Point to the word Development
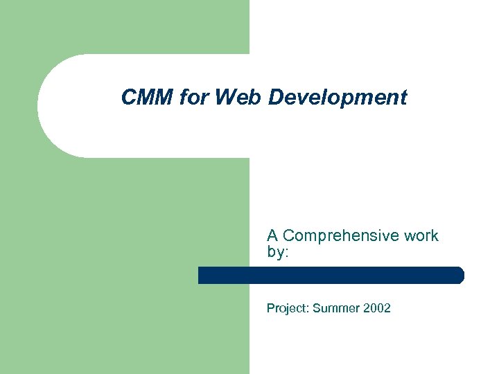[338, 98]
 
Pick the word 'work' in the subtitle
[421, 235]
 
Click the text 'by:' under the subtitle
[277, 252]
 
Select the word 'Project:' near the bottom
[288, 308]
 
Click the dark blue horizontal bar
[331, 275]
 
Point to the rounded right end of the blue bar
[459, 275]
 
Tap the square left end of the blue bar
[201, 275]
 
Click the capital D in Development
[275, 98]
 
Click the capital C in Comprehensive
[288, 235]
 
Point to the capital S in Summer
[317, 308]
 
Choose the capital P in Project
[270, 308]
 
